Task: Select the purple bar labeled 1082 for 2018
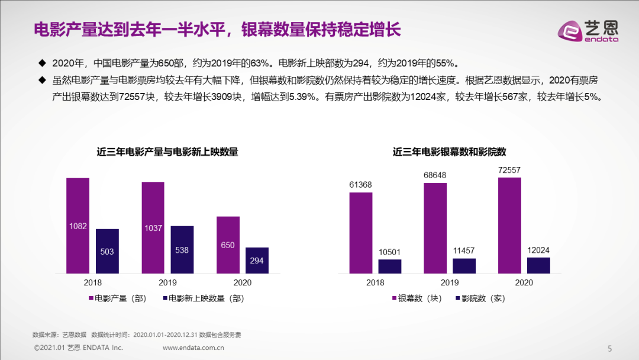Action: (78, 225)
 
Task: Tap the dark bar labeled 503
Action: (107, 251)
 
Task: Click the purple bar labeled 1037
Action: (153, 227)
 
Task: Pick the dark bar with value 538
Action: (182, 249)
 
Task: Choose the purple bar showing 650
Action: (228, 245)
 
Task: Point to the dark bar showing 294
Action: (257, 260)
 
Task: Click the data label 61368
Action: (360, 185)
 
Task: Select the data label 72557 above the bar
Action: (509, 170)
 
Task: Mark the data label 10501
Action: (390, 252)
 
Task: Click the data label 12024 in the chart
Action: (538, 250)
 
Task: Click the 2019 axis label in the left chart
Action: (167, 282)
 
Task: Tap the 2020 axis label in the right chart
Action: (524, 282)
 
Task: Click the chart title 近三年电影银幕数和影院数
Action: (450, 152)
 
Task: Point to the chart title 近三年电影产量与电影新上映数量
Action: (167, 152)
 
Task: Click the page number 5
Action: (610, 348)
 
